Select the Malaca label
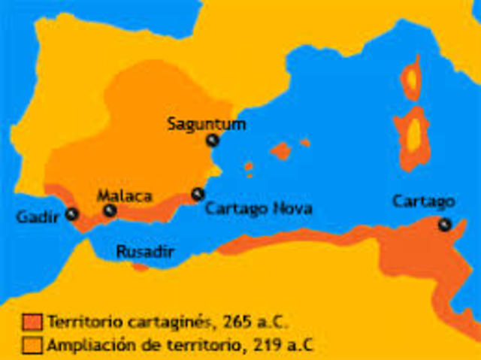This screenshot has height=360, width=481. click(x=125, y=195)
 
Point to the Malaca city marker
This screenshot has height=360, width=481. click(x=110, y=211)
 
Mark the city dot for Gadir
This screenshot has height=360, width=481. click(x=72, y=213)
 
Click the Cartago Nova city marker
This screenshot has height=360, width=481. click(x=198, y=194)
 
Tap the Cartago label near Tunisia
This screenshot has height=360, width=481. click(x=424, y=201)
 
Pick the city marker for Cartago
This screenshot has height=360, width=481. click(x=445, y=223)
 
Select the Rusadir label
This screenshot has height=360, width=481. click(x=145, y=253)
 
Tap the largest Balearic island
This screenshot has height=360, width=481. click(x=280, y=151)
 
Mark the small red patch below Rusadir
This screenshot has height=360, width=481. click(x=140, y=267)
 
